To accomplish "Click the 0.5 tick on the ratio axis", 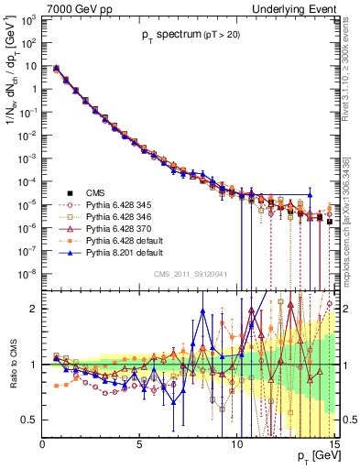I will (29, 420).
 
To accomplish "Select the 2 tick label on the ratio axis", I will (34, 309).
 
